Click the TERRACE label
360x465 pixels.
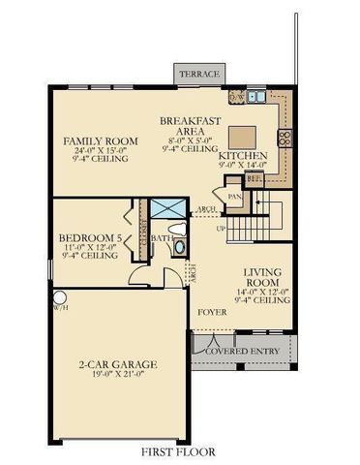[197, 75]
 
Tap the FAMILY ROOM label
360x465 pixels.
[101, 141]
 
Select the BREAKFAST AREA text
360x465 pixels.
[192, 127]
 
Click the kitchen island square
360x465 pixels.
[242, 133]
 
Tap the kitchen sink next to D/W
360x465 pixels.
[256, 97]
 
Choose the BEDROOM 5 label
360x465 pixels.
[89, 237]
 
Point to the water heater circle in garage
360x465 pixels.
[59, 297]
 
